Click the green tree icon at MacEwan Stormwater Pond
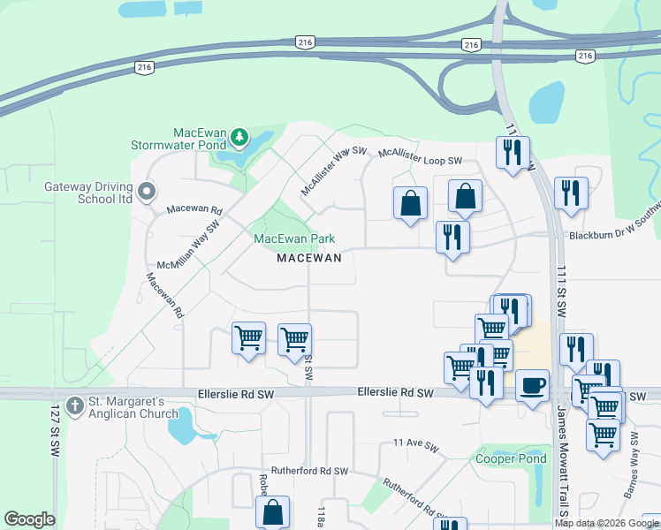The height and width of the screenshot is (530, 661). click(239, 137)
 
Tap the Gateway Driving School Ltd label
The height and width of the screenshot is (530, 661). click(88, 193)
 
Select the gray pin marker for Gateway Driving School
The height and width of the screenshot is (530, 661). click(147, 191)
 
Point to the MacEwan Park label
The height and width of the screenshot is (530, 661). click(294, 238)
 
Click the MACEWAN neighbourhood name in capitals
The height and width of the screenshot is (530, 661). click(308, 258)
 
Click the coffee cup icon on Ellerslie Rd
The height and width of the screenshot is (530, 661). click(532, 386)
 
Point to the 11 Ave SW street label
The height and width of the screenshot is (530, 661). click(416, 442)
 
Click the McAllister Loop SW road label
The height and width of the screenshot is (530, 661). click(421, 156)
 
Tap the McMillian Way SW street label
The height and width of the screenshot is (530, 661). click(189, 249)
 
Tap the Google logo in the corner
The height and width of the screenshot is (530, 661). click(29, 519)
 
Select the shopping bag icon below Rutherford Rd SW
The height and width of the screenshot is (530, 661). click(272, 511)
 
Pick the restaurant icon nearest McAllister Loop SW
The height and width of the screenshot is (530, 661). click(513, 153)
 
